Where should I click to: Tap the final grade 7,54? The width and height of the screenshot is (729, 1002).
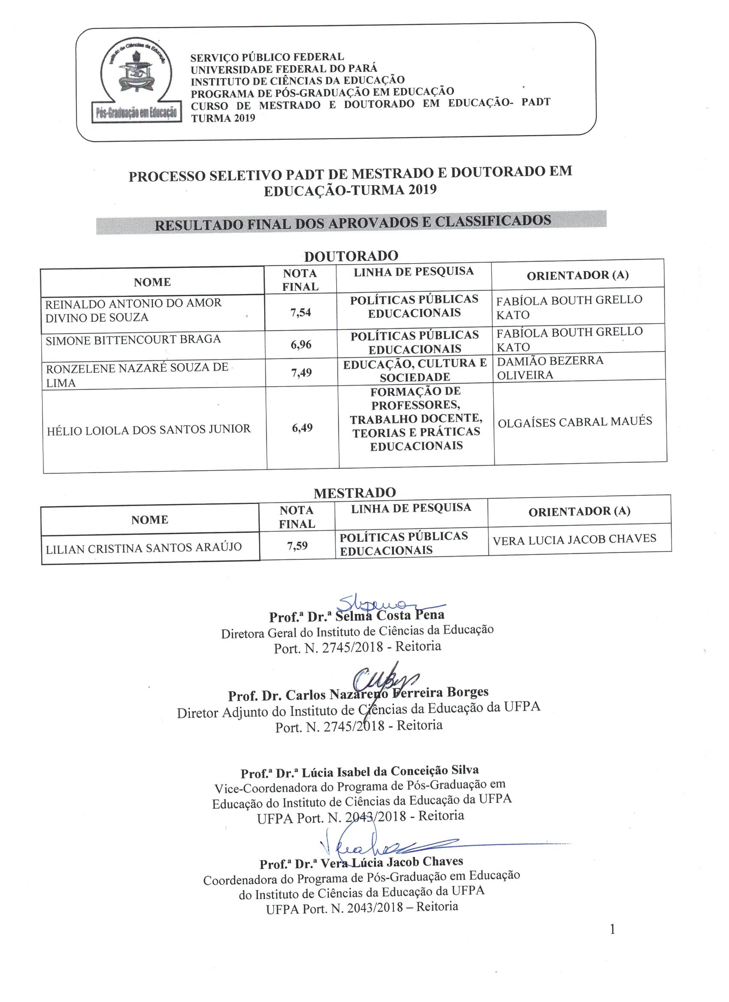click(301, 313)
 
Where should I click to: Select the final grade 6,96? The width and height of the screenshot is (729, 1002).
click(301, 345)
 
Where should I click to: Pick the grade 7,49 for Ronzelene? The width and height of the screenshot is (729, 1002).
click(301, 372)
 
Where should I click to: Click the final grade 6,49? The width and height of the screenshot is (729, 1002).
click(302, 427)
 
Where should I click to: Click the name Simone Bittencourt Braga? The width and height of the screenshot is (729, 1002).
click(133, 339)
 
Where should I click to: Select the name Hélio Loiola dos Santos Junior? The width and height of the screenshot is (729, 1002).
click(148, 429)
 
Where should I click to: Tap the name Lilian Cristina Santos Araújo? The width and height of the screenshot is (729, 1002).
click(144, 548)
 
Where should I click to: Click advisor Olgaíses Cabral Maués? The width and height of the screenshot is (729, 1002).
click(575, 422)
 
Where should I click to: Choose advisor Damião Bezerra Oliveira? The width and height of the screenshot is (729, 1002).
click(549, 368)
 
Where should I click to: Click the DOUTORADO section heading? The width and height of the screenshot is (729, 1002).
click(351, 256)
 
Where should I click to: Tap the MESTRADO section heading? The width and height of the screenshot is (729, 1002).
click(355, 492)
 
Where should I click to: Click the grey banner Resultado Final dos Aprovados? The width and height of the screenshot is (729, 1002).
click(352, 222)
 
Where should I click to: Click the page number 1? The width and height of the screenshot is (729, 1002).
click(612, 930)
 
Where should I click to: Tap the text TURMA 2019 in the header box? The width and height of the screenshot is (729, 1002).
click(223, 118)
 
